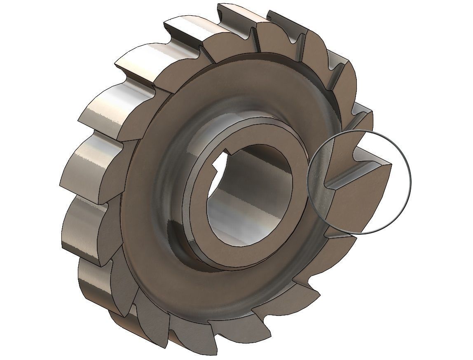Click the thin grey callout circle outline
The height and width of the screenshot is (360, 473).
(x=411, y=181)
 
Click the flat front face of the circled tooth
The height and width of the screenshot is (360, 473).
(x=358, y=198)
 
